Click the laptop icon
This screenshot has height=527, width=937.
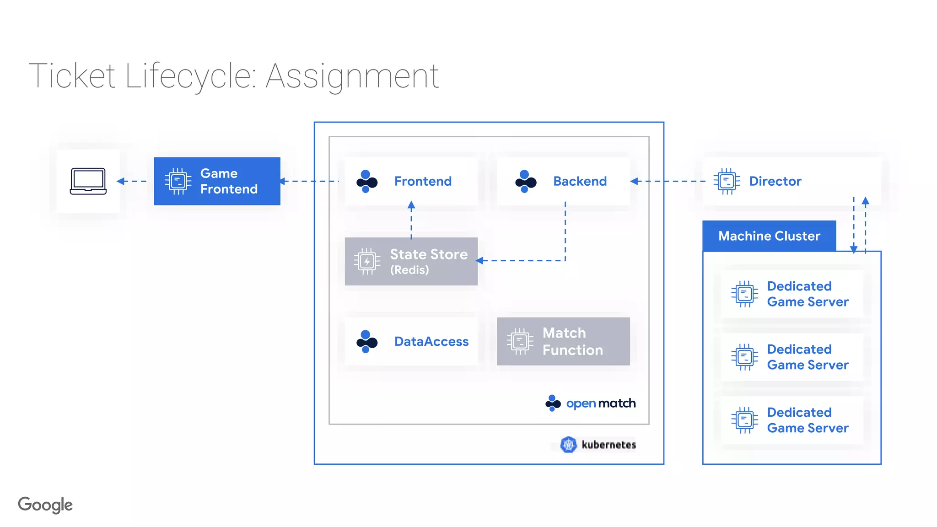pos(88,181)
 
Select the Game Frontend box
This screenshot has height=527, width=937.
pos(217,181)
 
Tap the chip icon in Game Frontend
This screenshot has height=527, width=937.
pos(178,181)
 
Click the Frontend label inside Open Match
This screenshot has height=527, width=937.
pos(423,181)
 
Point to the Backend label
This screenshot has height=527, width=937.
pos(580,181)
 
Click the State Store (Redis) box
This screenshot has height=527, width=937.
pos(411,261)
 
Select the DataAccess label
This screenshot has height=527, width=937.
pos(431,341)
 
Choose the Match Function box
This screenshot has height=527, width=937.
pos(563,341)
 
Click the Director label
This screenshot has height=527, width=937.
pos(775,181)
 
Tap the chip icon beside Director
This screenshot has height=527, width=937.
pos(727,181)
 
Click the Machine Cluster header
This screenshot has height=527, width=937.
pos(769,236)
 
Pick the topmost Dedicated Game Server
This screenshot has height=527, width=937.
pos(792,294)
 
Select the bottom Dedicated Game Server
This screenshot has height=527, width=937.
pos(792,420)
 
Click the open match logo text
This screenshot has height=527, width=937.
pos(601,403)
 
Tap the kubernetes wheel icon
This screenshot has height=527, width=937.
pos(569,445)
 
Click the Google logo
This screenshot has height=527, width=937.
pos(45,505)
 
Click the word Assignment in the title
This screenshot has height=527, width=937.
pos(352,76)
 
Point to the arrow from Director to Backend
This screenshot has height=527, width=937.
pos(668,181)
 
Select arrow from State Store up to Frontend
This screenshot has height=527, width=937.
pos(411,220)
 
